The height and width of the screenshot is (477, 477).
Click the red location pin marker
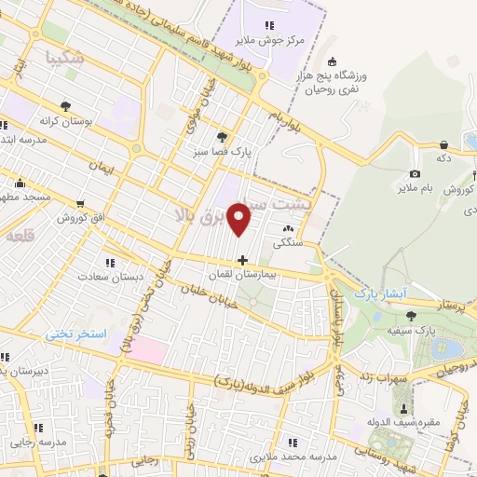pyautogui.click(x=241, y=218)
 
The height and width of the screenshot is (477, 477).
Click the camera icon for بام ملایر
pyautogui.click(x=415, y=173)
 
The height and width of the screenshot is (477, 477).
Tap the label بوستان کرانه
pyautogui.click(x=62, y=121)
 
